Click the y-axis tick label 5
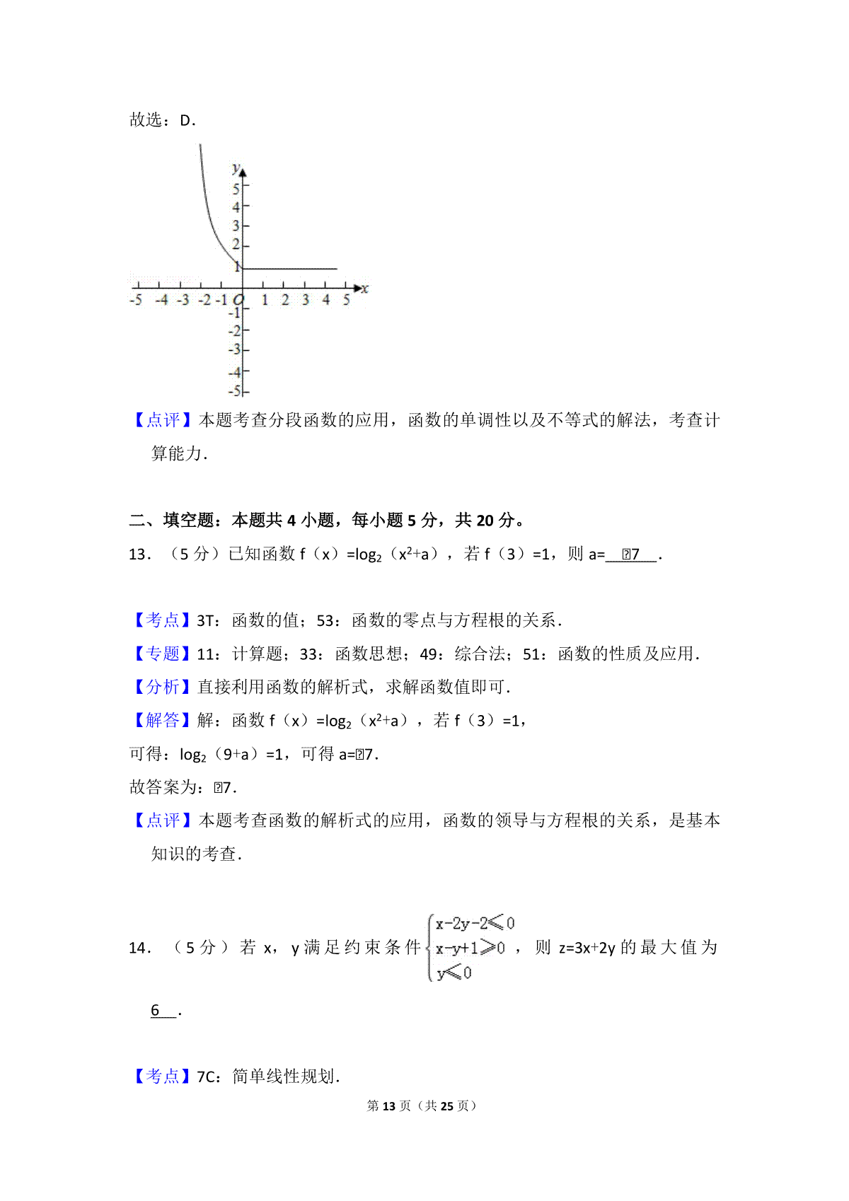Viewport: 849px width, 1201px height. coord(236,189)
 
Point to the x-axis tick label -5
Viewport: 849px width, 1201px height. coord(136,301)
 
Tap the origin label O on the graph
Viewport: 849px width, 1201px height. coord(238,300)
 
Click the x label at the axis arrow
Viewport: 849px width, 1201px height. coord(365,289)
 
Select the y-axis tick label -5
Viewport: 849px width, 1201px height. coord(235,391)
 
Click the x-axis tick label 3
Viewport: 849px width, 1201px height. coord(306,301)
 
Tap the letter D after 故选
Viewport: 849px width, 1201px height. coord(186,120)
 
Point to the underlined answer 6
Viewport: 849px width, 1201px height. coord(156,1010)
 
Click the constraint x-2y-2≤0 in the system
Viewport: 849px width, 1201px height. coord(475,923)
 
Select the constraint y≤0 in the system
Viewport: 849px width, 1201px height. coord(454,973)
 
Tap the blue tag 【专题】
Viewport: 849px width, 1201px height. coord(162,654)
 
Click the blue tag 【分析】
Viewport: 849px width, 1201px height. coord(162,687)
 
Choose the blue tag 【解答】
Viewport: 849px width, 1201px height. coord(162,721)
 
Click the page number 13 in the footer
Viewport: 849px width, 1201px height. coord(388,1106)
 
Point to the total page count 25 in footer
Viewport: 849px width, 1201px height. coord(446,1106)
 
